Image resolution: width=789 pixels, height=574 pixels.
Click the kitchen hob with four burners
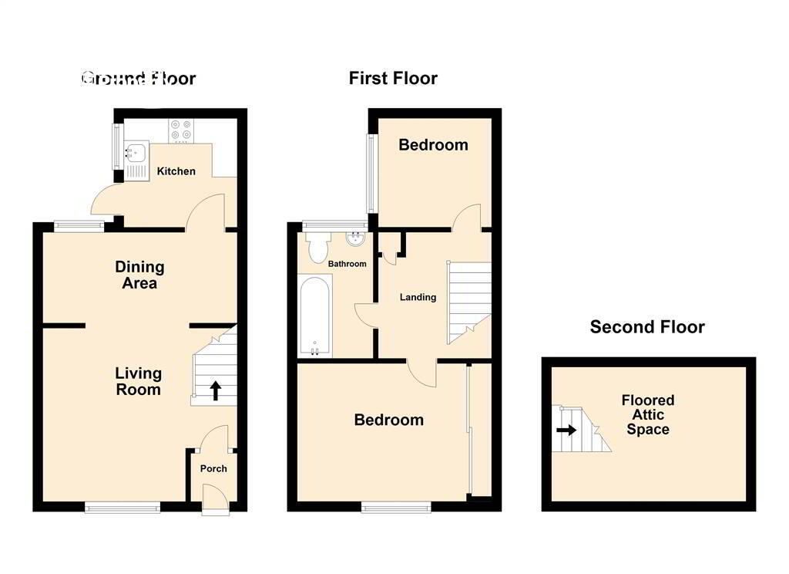(x=182, y=130)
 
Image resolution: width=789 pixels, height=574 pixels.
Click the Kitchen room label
(x=176, y=171)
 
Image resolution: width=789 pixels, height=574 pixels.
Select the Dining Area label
(x=139, y=275)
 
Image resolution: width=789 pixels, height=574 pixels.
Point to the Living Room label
(x=139, y=381)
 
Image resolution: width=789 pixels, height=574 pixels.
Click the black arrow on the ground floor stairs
(x=215, y=390)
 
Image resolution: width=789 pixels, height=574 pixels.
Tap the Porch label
(x=213, y=468)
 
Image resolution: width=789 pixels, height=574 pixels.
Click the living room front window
(x=123, y=507)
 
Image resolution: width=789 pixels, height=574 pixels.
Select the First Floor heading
(x=393, y=78)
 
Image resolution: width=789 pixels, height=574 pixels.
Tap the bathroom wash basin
(x=356, y=239)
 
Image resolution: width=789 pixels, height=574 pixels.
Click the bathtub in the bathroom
(x=315, y=316)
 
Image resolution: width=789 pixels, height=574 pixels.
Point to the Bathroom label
(x=347, y=264)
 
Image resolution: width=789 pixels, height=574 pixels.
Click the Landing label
(x=418, y=297)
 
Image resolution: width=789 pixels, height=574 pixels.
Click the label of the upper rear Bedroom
(x=433, y=145)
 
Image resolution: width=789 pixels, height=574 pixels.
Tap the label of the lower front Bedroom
(x=388, y=420)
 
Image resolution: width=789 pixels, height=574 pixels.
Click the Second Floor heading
(x=647, y=327)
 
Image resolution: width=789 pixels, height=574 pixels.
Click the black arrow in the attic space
(x=566, y=430)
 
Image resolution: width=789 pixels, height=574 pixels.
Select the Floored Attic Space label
(x=648, y=415)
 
